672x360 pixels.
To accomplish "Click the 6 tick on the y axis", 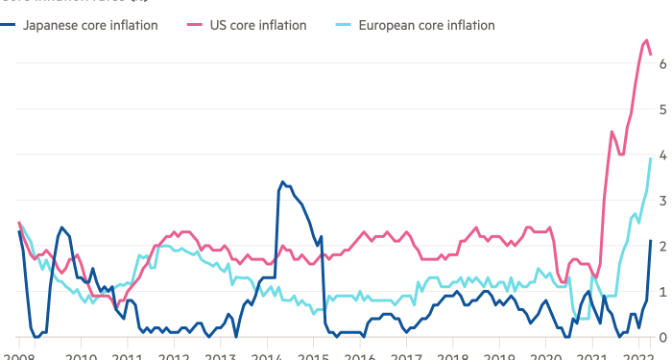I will [x=662, y=63].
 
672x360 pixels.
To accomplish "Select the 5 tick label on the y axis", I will [x=662, y=108].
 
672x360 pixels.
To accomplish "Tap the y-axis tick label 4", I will [x=662, y=154].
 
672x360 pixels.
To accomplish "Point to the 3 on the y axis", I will [x=662, y=200].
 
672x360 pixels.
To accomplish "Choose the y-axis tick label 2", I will [x=662, y=245].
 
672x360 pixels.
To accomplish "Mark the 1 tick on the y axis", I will [x=662, y=291].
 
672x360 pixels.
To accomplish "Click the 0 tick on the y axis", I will [x=662, y=336].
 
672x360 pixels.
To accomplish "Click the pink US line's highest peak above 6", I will [x=645, y=39].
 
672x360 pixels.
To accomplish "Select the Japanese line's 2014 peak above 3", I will [x=281, y=180].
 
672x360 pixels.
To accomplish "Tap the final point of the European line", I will [x=651, y=158].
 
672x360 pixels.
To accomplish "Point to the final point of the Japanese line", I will [x=651, y=240].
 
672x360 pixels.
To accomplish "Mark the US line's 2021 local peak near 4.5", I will [x=612, y=132].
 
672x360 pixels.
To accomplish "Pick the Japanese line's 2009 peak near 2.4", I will [x=61, y=227].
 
